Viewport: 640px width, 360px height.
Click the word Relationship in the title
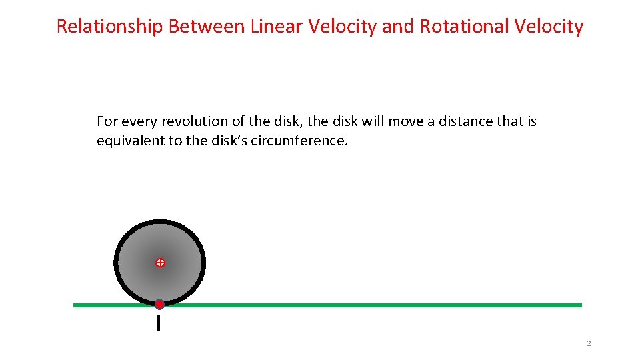109,27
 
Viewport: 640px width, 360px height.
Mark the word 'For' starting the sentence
107,121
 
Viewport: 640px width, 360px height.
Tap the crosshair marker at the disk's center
160,263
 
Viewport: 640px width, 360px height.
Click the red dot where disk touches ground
159,305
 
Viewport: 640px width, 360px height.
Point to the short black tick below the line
159,323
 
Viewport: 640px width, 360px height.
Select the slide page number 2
589,344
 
